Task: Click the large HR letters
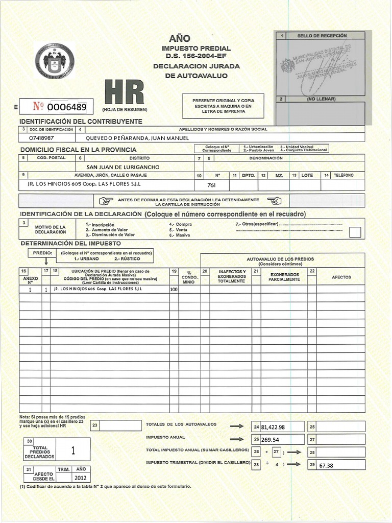[x=124, y=92]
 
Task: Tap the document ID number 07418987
[x=42, y=138]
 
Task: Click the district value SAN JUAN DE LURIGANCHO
[x=122, y=167]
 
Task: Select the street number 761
[x=212, y=185]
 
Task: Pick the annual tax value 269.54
[x=272, y=439]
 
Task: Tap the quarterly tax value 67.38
[x=326, y=466]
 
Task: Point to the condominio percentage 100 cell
[x=174, y=289]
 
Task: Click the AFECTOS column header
[x=341, y=277]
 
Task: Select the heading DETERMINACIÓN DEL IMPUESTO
[x=70, y=243]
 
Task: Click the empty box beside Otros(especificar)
[x=355, y=232]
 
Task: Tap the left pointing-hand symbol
[x=106, y=201]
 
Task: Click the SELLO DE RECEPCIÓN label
[x=326, y=36]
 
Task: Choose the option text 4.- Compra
[x=181, y=224]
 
